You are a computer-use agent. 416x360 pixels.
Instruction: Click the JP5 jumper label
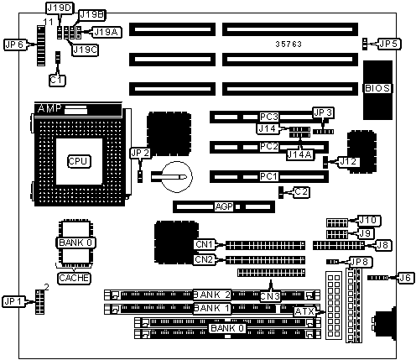click(x=389, y=44)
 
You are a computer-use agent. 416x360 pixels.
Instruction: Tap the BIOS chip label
click(x=377, y=88)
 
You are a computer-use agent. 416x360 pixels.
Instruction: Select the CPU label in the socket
click(x=79, y=161)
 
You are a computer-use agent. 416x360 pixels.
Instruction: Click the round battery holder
click(x=177, y=177)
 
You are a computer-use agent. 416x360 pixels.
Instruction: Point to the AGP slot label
click(x=224, y=206)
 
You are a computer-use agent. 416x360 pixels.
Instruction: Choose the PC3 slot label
click(x=269, y=117)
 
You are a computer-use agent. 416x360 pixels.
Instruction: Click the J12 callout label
click(x=348, y=162)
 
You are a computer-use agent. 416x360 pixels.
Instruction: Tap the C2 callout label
click(x=301, y=192)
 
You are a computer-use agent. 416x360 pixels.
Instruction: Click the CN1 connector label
click(x=205, y=244)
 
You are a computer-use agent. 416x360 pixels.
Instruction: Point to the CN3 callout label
click(x=270, y=296)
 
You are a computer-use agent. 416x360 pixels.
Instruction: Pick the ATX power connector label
click(x=304, y=311)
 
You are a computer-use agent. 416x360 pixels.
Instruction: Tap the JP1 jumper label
click(x=13, y=301)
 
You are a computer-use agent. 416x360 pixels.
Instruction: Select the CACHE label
click(x=74, y=279)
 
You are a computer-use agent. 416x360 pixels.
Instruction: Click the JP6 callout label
click(x=15, y=44)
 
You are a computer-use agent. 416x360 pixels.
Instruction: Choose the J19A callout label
click(x=107, y=32)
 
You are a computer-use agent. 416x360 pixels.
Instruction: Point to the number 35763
click(x=289, y=44)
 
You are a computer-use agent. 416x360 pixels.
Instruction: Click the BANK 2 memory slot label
click(x=212, y=295)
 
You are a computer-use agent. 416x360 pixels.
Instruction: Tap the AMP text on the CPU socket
click(x=49, y=108)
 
